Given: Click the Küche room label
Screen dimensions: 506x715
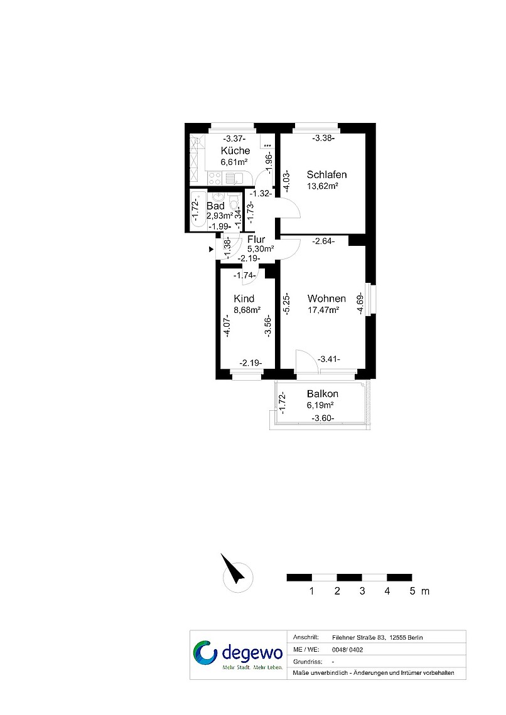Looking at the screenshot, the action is [235, 151].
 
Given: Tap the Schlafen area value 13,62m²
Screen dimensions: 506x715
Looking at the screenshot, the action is [323, 186].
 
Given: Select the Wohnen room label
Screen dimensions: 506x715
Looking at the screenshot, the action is [326, 299].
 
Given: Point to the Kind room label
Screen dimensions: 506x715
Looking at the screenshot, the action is [244, 299].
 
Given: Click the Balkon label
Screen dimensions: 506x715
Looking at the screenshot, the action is [323, 393].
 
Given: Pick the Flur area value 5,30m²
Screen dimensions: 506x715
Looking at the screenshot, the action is [261, 249].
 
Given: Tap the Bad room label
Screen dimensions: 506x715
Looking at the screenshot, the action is [215, 206].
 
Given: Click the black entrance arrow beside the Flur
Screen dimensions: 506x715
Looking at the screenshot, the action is [211, 249].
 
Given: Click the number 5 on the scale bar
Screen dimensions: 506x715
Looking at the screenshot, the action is [412, 591].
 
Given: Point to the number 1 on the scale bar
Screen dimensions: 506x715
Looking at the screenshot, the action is [311, 591].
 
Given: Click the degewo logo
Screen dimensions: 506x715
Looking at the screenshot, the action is [238, 655].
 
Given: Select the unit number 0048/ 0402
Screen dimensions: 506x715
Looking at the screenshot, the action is [348, 650].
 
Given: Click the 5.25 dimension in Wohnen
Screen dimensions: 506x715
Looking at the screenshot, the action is [287, 304].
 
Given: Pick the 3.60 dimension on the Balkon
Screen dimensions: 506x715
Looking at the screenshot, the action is [323, 418].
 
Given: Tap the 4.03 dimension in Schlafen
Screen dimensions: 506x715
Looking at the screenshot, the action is [287, 181].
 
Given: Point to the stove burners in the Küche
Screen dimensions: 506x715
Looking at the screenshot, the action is [215, 178].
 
